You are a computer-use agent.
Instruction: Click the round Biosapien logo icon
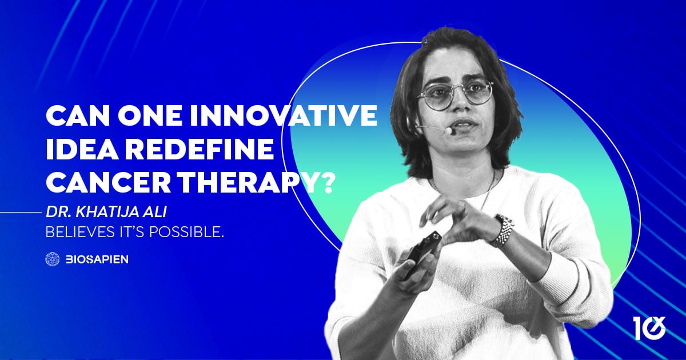pyautogui.click(x=53, y=259)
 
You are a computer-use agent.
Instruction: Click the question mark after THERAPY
pyautogui.click(x=325, y=183)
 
